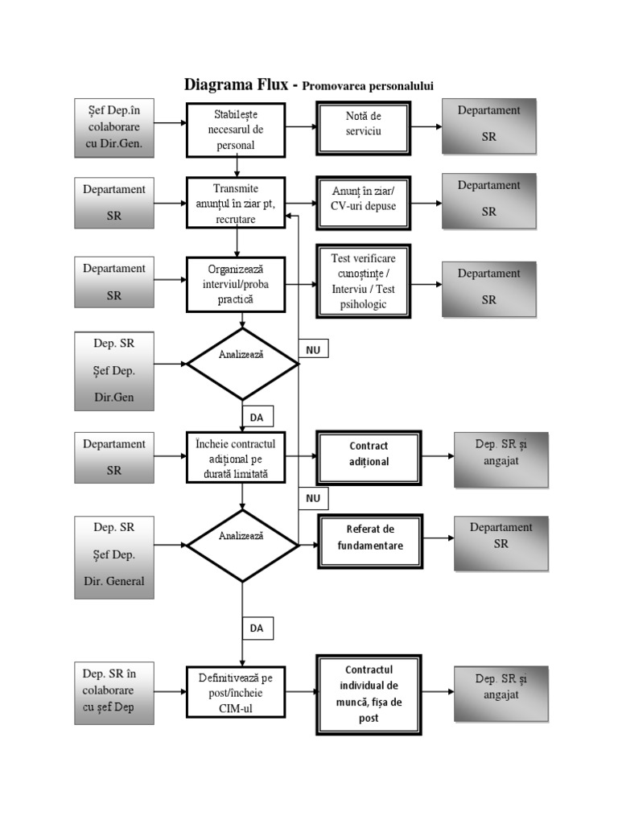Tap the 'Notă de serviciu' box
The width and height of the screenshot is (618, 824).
[363, 125]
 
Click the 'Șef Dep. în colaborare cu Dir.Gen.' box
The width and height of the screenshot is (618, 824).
[113, 127]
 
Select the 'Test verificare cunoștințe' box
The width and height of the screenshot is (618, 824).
[363, 281]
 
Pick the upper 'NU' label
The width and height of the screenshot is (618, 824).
[313, 349]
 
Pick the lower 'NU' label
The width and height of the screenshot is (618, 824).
[313, 498]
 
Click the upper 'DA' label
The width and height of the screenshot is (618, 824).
[257, 417]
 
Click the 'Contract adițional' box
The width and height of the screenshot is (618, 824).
[369, 455]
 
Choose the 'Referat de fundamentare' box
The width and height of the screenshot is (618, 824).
[369, 538]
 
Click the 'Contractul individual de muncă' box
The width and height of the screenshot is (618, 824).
[369, 693]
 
